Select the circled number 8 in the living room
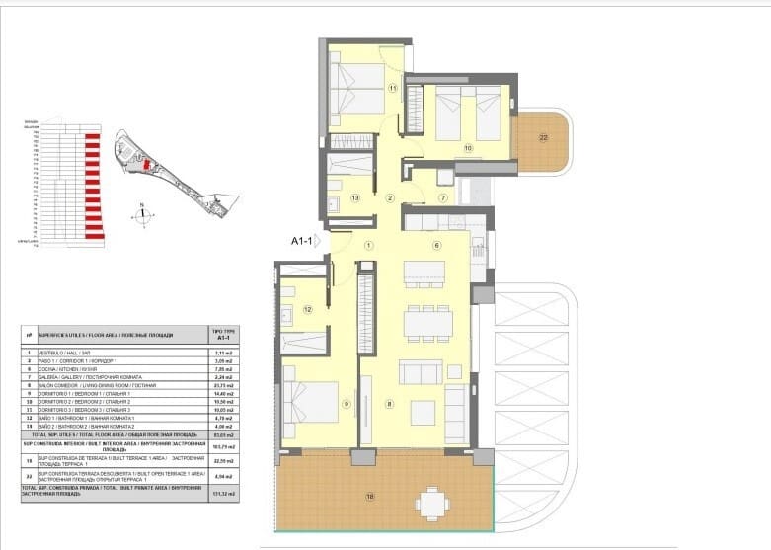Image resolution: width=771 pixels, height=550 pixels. [x=391, y=403]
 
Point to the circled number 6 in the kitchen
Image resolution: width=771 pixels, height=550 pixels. [x=435, y=246]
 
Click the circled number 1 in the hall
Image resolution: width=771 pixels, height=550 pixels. [x=368, y=245]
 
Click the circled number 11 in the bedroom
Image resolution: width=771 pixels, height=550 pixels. [x=392, y=89]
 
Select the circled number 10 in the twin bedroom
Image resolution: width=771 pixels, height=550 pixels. [x=468, y=149]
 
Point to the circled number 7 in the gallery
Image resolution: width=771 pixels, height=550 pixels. [x=443, y=198]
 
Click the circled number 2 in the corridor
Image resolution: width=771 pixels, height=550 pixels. [x=390, y=198]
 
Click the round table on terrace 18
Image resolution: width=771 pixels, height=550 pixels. [x=430, y=504]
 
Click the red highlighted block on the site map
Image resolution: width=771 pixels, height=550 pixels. [x=148, y=167]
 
